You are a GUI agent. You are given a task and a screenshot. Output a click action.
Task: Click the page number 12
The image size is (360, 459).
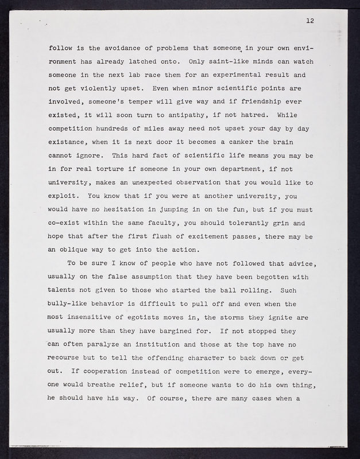309,21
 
